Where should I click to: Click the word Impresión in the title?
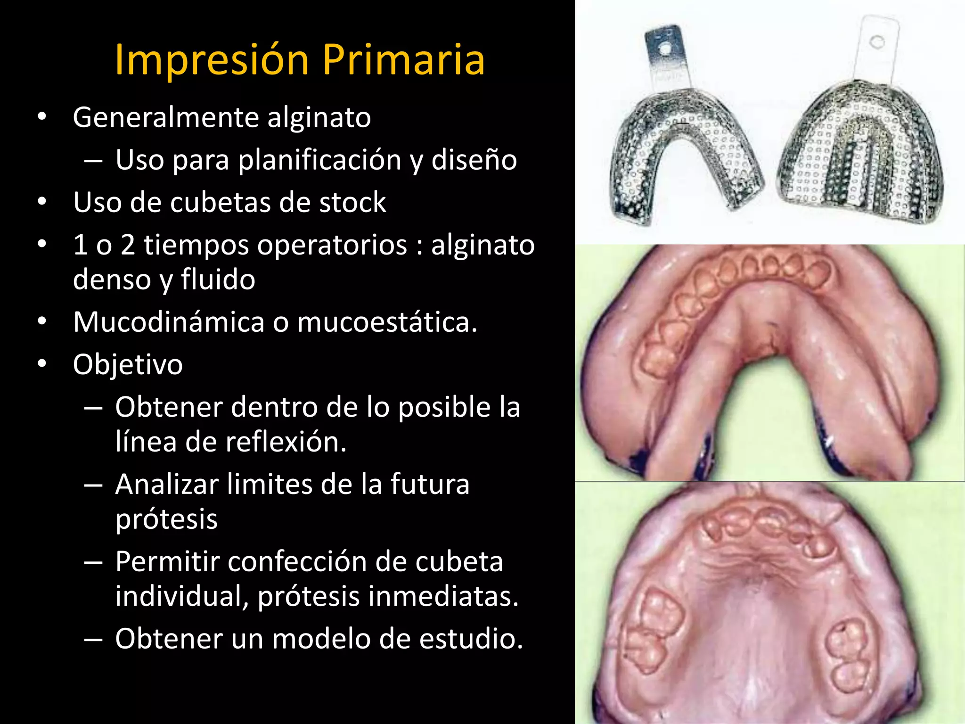click(x=212, y=60)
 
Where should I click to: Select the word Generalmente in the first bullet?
click(x=166, y=117)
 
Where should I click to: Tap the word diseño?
click(x=474, y=160)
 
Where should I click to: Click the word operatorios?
click(x=276, y=245)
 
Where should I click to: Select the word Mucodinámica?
click(x=169, y=322)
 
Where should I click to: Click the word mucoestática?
click(x=387, y=322)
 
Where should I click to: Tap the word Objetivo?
click(x=128, y=365)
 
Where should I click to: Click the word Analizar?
click(x=167, y=485)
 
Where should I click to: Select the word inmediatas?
click(x=443, y=596)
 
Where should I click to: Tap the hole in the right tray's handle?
click(x=877, y=42)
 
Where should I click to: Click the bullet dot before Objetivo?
click(x=42, y=363)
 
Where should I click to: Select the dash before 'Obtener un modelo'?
click(x=93, y=640)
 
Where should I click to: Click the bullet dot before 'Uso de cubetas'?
click(x=42, y=202)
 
